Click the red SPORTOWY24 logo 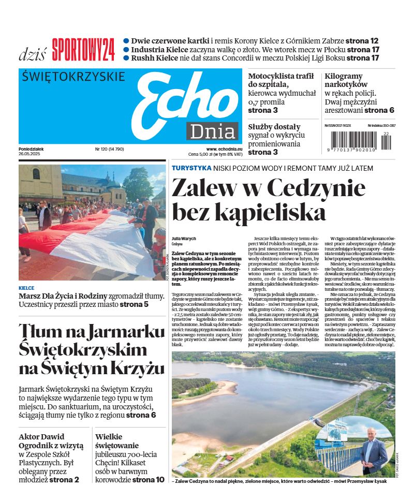(x=83, y=49)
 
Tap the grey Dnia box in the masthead (x=212, y=131)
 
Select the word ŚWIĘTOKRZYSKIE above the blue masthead (x=74, y=77)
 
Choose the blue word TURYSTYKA (x=191, y=168)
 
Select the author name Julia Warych (x=184, y=239)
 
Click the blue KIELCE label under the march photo (x=26, y=288)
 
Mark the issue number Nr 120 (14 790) (x=109, y=149)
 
